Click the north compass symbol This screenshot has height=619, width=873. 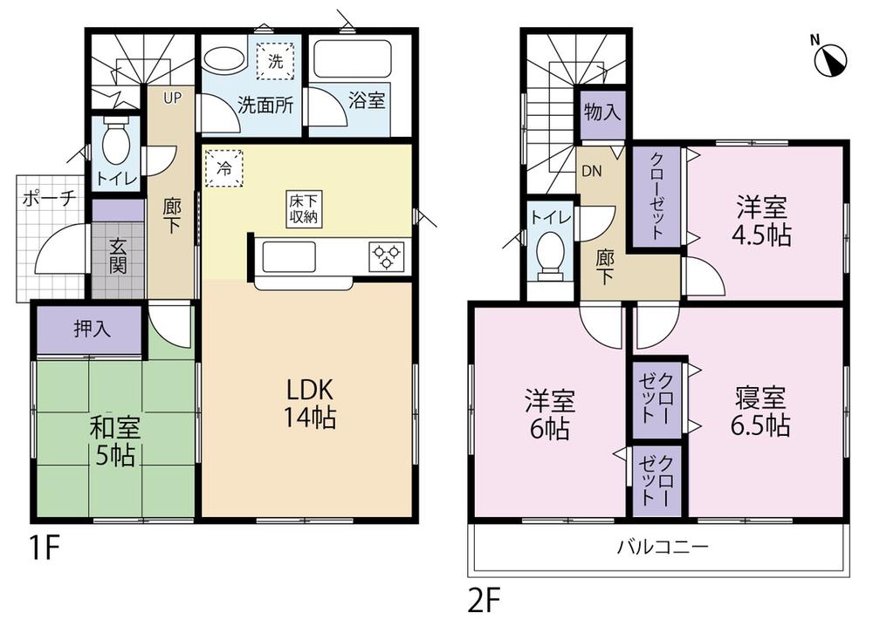pos(830,58)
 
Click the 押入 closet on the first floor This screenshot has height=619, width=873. pos(89,330)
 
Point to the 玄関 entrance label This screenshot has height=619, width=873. pos(118,257)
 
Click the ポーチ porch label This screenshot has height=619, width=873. pos(48,197)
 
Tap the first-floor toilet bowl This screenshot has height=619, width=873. pos(116,141)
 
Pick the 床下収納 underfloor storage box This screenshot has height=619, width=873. pos(304,209)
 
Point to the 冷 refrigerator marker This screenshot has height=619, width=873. pos(224,168)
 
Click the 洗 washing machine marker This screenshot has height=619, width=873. pos(276,62)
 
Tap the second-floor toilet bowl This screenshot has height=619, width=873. pos(550,253)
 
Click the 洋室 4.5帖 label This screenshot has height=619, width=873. pos(762,221)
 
